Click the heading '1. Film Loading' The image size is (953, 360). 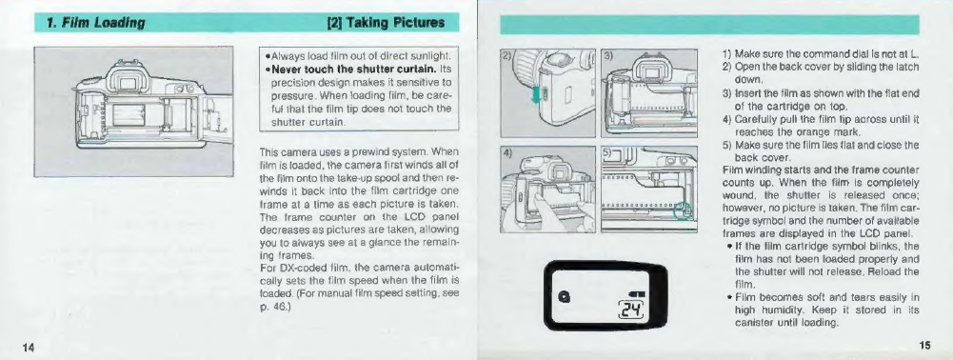(x=95, y=23)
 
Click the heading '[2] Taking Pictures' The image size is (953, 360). (x=386, y=23)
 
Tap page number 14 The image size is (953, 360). (x=29, y=347)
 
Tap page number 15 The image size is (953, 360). (x=924, y=346)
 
